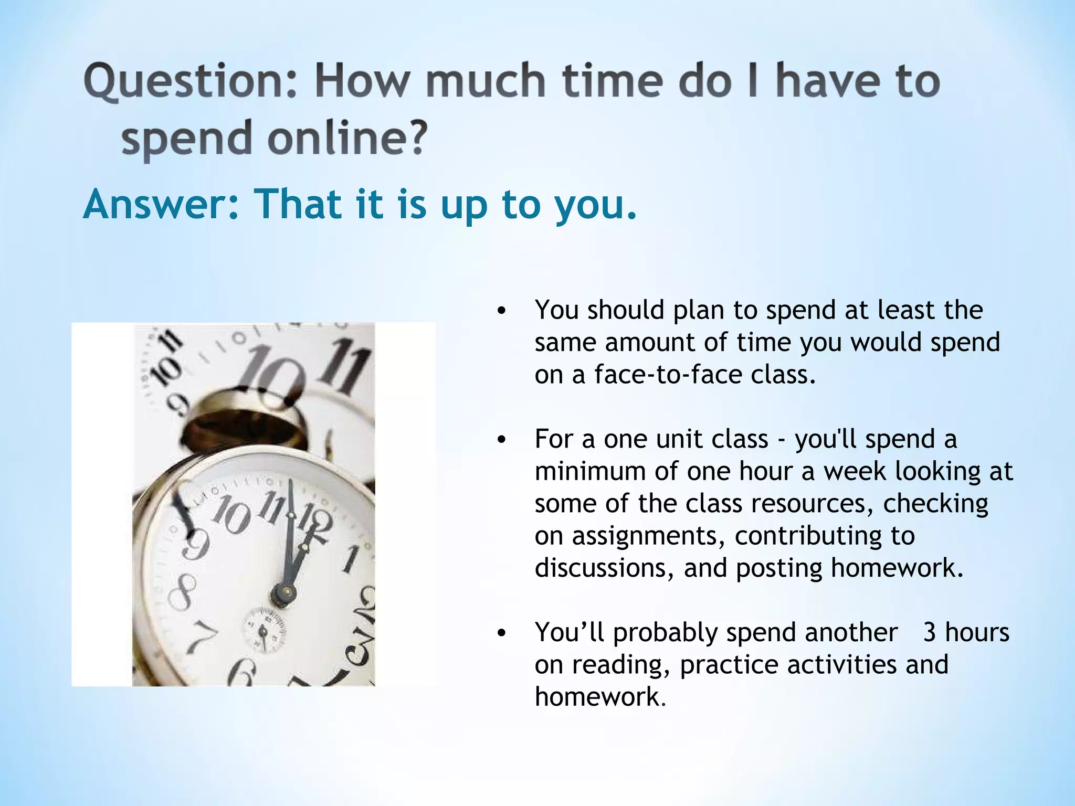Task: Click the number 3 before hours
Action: (930, 632)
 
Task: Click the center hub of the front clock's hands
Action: (283, 594)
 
